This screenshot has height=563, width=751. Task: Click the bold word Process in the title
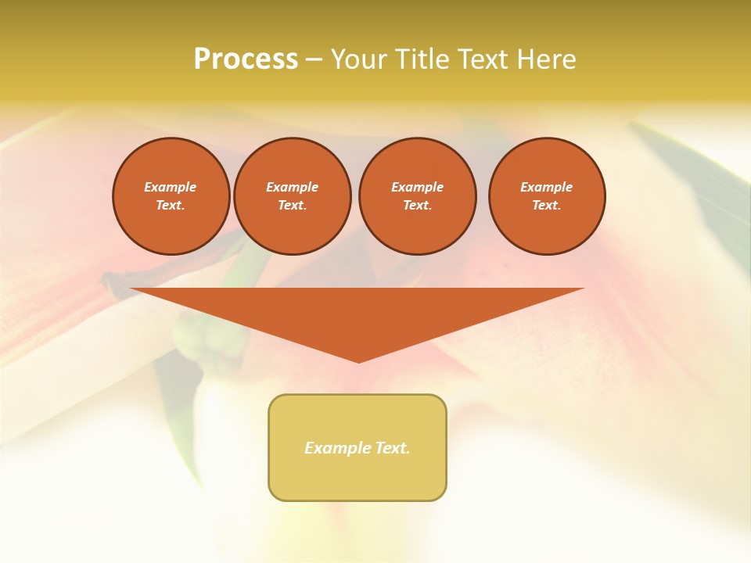[246, 59]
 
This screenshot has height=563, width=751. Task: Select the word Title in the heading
[420, 59]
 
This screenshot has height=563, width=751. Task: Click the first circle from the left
[171, 196]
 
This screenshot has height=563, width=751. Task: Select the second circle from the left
[293, 196]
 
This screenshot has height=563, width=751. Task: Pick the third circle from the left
[418, 196]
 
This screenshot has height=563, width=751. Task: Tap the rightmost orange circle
[547, 196]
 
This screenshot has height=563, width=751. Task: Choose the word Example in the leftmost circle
[171, 187]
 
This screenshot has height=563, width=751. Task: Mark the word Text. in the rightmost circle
[547, 206]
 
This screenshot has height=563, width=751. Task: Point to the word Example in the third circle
[418, 187]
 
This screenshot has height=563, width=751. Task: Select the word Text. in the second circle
[293, 206]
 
